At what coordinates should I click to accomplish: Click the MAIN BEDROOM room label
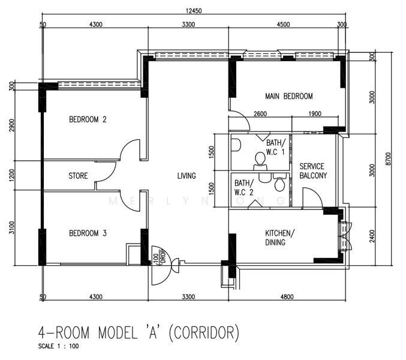pos(289,96)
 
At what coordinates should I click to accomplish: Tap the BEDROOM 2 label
pos(88,119)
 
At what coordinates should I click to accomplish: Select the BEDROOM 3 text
pos(88,233)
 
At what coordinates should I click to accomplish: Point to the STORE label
pos(78,176)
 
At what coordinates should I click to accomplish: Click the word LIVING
pos(187,176)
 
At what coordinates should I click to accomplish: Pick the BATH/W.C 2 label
pos(244,187)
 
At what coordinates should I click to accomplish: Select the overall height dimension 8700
pos(389,158)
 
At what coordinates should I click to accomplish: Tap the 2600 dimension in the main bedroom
pos(260,115)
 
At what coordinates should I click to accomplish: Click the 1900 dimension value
pos(314,115)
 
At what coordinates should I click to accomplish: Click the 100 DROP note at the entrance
pos(159,258)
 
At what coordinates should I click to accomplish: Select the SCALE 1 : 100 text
pos(58,346)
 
